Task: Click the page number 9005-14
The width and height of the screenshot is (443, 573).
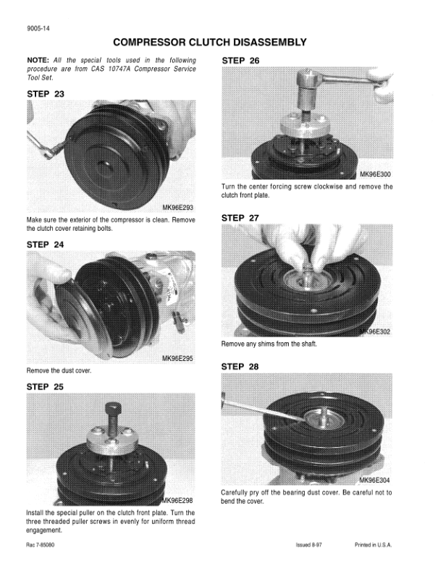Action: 38,29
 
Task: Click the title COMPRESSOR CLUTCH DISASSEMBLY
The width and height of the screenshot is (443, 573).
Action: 210,43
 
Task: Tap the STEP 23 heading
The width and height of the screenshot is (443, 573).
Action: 46,94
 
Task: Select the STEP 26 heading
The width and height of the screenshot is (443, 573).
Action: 240,61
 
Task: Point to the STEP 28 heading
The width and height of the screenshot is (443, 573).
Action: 240,367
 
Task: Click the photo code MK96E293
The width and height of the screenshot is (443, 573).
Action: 177,208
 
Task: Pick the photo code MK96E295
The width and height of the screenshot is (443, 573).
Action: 177,359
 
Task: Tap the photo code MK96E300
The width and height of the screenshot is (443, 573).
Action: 375,174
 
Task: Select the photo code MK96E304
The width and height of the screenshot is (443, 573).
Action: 374,480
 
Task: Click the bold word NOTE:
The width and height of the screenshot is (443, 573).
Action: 38,60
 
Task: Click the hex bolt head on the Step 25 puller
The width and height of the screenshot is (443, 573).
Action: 113,407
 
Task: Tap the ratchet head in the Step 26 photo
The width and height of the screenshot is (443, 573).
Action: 306,77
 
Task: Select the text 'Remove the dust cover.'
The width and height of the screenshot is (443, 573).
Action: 59,370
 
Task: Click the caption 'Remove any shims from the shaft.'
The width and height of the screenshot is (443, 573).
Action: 269,344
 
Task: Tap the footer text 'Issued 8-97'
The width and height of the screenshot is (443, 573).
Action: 309,545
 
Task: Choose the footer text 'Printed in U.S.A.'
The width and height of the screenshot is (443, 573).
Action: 374,545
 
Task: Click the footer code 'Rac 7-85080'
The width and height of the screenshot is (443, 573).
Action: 41,545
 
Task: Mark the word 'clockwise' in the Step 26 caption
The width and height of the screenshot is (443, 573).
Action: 328,187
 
